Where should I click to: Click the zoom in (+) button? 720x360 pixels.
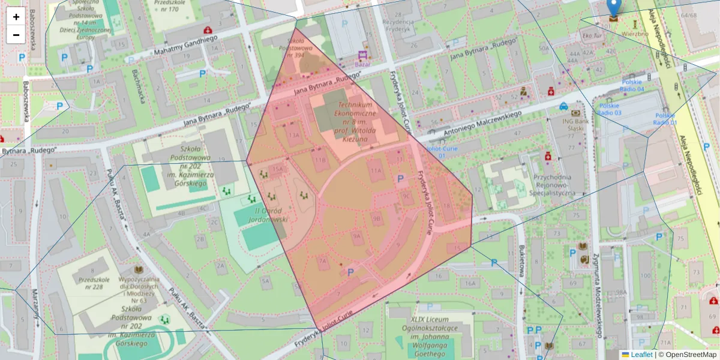(16, 17)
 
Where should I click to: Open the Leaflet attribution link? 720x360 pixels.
(641, 355)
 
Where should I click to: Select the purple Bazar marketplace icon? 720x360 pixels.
(363, 55)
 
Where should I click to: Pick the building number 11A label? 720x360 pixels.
(376, 171)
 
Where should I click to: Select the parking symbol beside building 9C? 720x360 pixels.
(400, 178)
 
